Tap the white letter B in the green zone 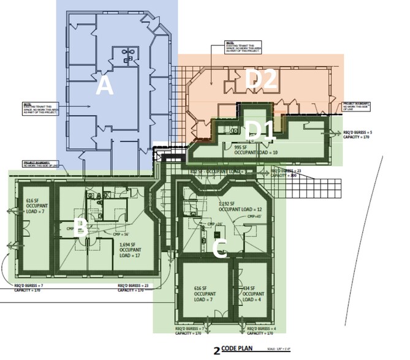[79, 230]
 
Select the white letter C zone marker [220, 248]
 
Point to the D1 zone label [260, 130]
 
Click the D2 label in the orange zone [262, 78]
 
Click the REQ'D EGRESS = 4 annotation [260, 331]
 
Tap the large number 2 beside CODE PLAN [216, 351]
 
